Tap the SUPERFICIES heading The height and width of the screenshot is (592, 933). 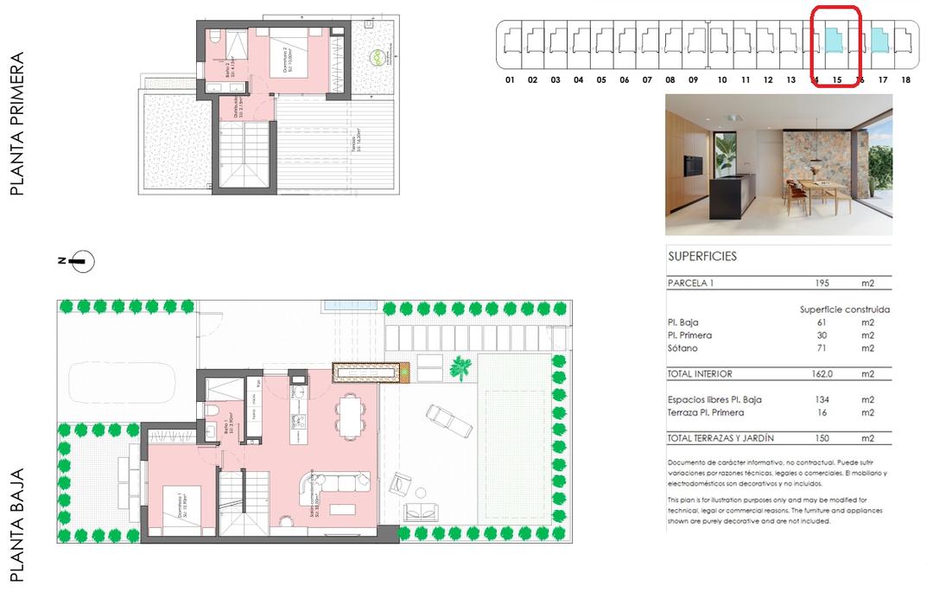(x=701, y=257)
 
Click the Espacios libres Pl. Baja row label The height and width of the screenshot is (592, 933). (x=714, y=399)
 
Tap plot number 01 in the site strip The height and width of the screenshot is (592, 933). (x=510, y=80)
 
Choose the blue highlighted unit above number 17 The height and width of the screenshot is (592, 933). (x=879, y=40)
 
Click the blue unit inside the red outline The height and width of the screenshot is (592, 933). (x=835, y=40)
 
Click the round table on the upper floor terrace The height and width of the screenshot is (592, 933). (x=378, y=58)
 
